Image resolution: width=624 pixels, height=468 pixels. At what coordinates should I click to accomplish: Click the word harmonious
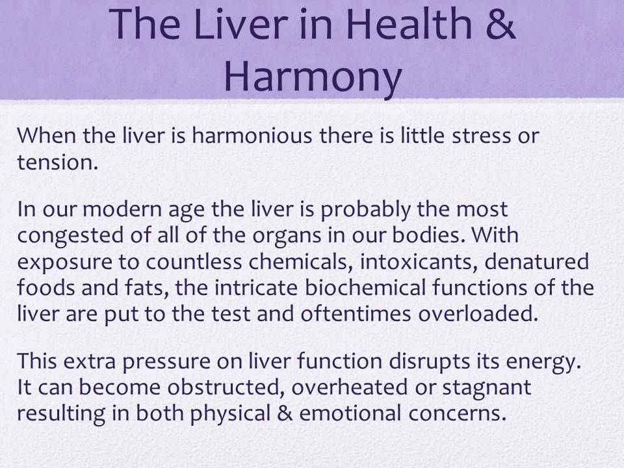pyautogui.click(x=252, y=135)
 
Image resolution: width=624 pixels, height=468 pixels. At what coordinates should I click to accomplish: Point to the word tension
pyautogui.click(x=57, y=162)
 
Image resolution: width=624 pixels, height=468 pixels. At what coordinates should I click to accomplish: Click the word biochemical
pyautogui.click(x=365, y=287)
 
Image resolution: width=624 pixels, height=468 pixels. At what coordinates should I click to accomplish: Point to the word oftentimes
pyautogui.click(x=356, y=313)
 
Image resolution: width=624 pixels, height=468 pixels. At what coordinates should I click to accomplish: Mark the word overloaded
pyautogui.click(x=478, y=313)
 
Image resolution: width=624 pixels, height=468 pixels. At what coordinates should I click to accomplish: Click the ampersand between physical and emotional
pyautogui.click(x=285, y=413)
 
